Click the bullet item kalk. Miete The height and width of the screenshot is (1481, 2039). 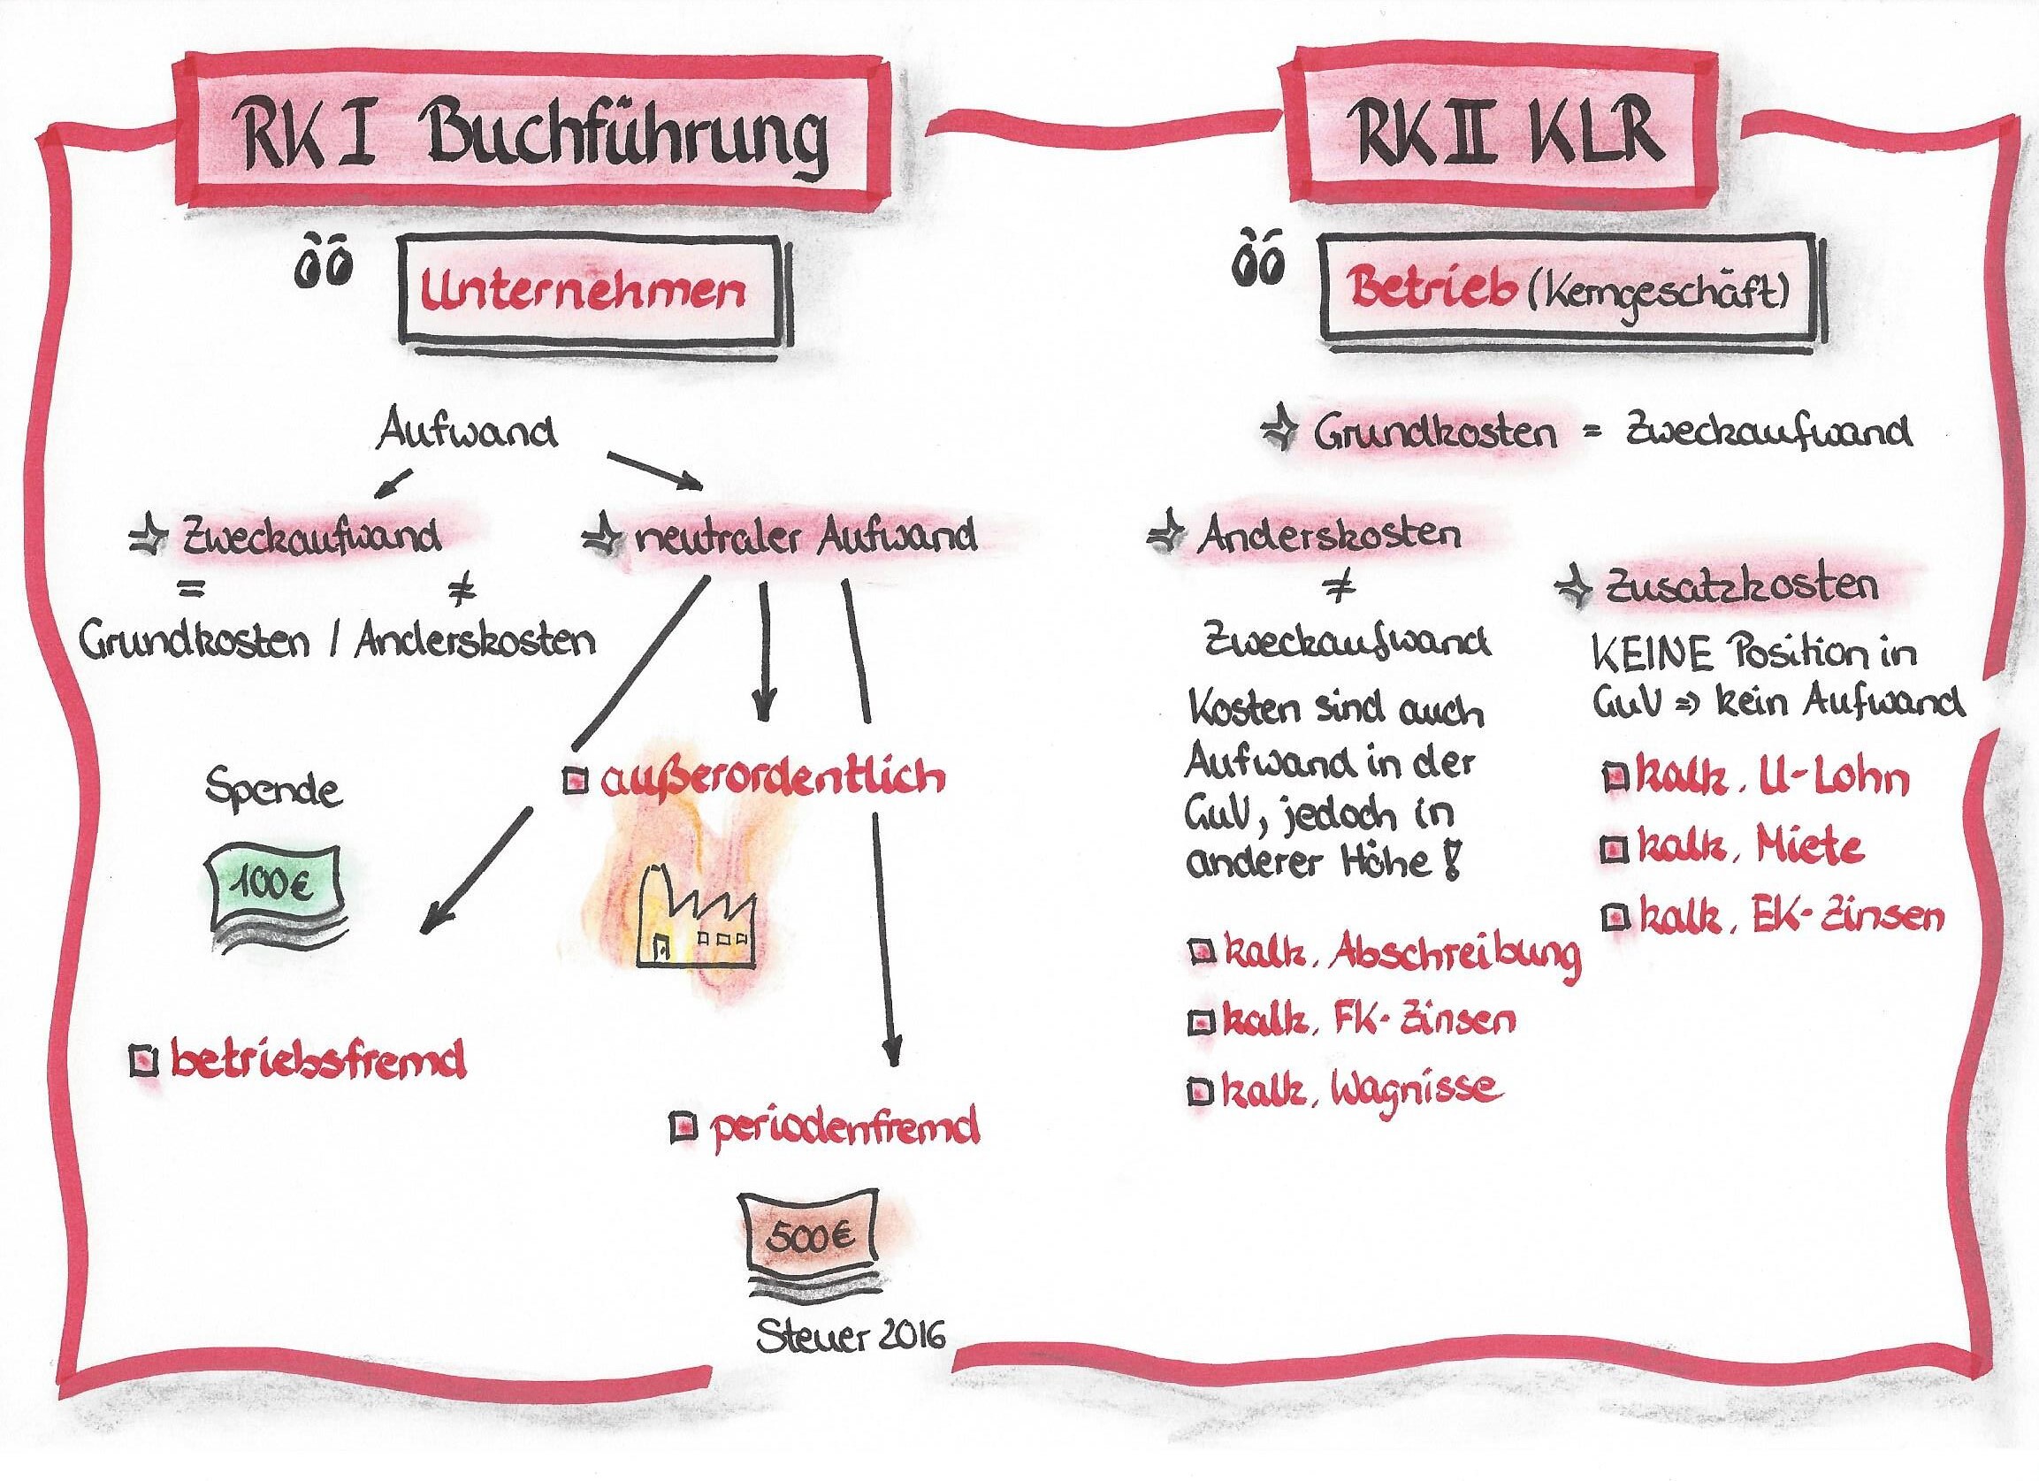(x=1745, y=848)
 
